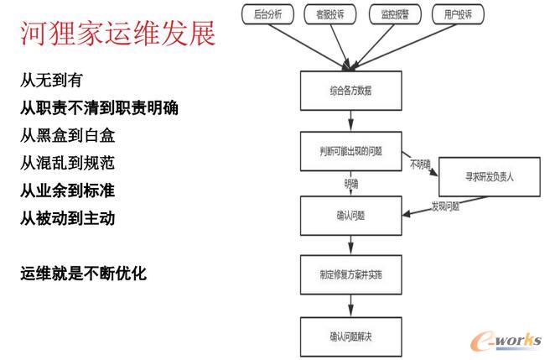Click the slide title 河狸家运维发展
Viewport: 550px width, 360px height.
tap(117, 33)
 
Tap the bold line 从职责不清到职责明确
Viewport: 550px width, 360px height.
tap(99, 108)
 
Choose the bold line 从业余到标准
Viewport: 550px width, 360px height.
tap(68, 190)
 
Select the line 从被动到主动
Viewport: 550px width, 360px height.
tap(68, 218)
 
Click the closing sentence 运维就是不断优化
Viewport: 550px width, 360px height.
tap(83, 273)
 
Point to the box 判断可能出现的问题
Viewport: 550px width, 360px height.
tap(350, 151)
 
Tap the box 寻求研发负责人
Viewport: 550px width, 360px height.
tap(491, 178)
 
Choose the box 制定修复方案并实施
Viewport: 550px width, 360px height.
tap(350, 274)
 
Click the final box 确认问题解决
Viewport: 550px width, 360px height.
tap(350, 337)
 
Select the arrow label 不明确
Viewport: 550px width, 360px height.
tap(421, 164)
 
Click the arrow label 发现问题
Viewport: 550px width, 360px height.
tap(445, 206)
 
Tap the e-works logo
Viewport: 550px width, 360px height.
tap(504, 341)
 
